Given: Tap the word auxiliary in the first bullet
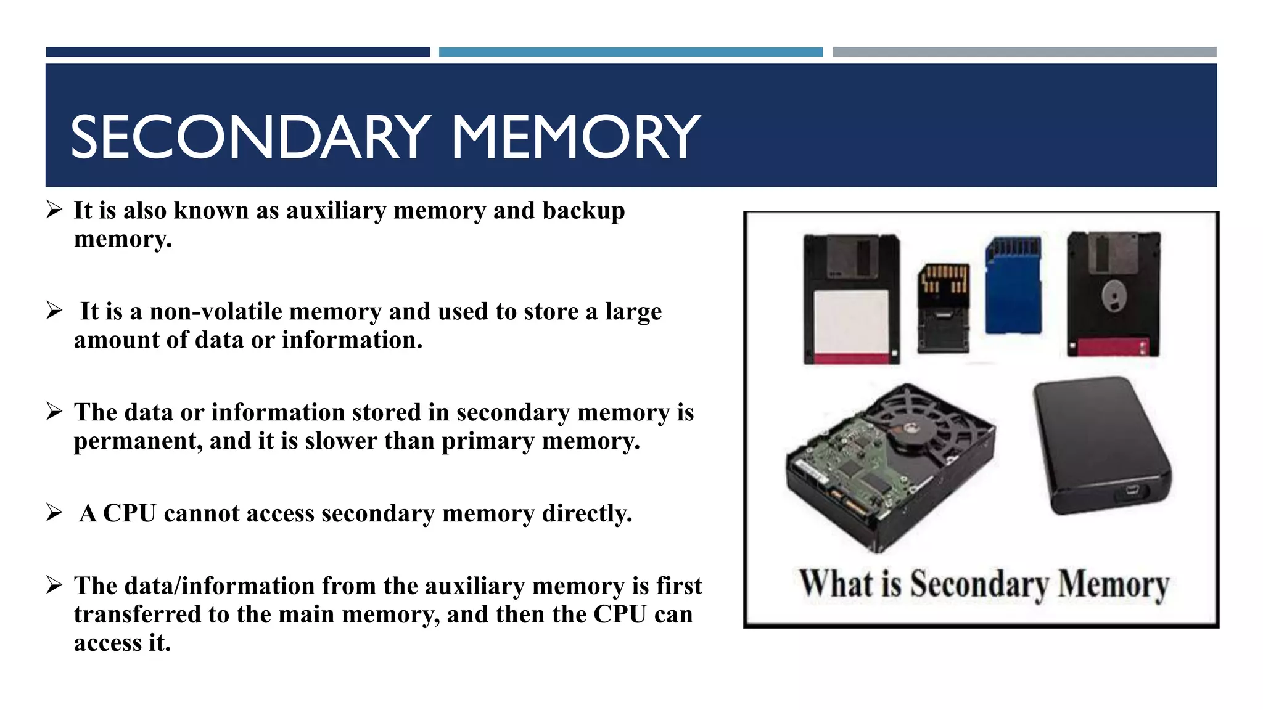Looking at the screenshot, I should [335, 211].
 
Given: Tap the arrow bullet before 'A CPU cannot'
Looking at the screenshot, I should [54, 512].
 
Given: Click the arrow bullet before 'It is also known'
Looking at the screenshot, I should [54, 210].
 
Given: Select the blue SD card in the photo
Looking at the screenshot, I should [1013, 286].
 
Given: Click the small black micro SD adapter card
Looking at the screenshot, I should [943, 308].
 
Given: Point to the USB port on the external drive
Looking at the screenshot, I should [1132, 491].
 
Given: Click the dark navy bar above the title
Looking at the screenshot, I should [237, 52].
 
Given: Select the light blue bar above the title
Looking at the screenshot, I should [630, 52].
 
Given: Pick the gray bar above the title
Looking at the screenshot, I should [1024, 52].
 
